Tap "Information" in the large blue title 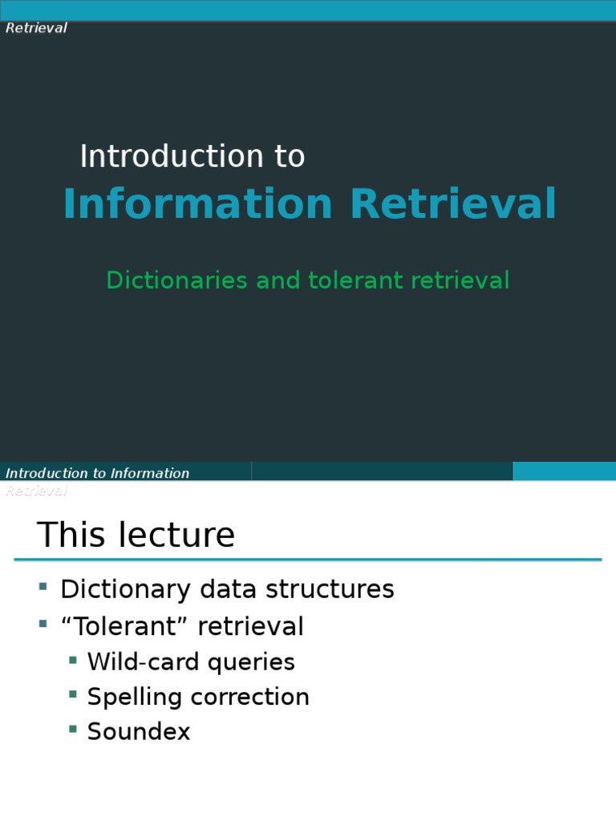(x=197, y=204)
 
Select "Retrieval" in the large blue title (x=452, y=204)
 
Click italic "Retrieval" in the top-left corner (x=36, y=28)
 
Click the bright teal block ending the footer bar (x=564, y=471)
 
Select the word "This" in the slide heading (x=72, y=535)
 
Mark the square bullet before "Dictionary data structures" (x=43, y=586)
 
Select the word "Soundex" (x=139, y=731)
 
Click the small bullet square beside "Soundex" (x=73, y=729)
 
